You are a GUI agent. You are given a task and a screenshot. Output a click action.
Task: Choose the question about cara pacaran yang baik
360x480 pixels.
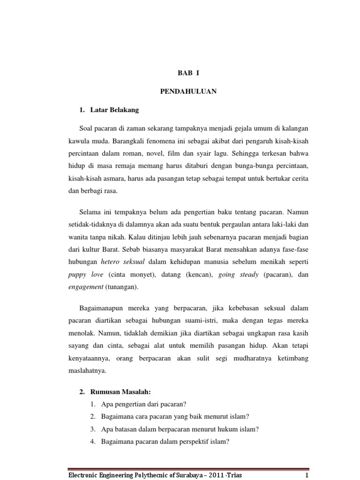(x=174, y=416)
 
